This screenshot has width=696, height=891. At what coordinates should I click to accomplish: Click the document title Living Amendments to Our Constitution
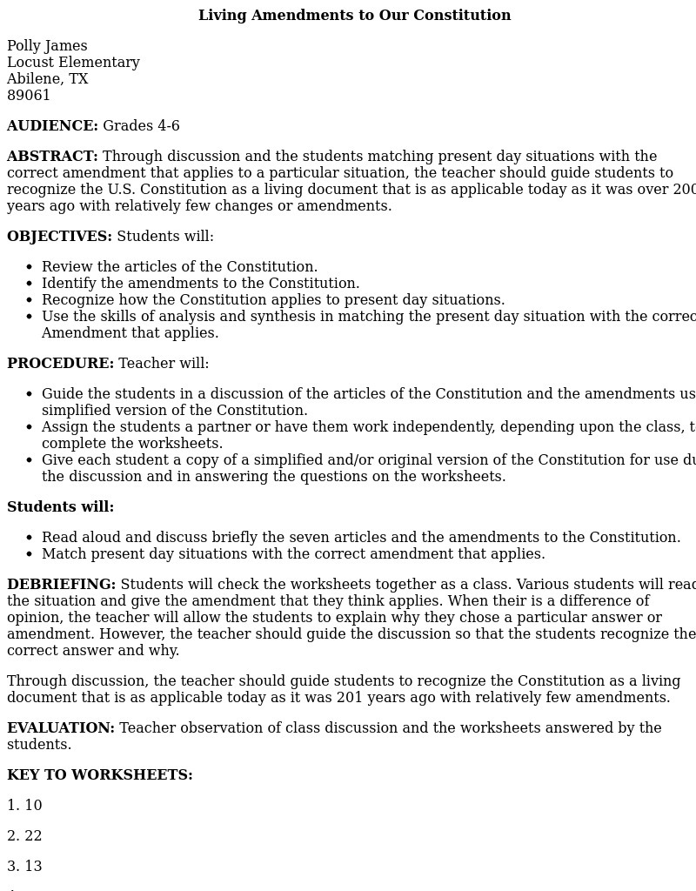(354, 16)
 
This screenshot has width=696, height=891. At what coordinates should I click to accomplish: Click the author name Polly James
(47, 46)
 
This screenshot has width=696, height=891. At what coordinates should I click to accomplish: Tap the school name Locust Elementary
(73, 63)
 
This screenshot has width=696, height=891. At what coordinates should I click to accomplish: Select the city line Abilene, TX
(47, 79)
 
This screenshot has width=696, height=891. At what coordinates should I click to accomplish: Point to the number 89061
(29, 96)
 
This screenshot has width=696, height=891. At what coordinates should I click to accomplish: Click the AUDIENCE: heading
(52, 126)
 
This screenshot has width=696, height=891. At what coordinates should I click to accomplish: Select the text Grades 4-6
(141, 126)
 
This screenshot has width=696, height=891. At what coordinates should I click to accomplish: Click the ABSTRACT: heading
(52, 157)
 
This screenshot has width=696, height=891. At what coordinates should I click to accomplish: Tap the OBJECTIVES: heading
(59, 237)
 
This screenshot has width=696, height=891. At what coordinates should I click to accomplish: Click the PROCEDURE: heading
(60, 364)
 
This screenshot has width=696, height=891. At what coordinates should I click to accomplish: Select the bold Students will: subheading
(60, 507)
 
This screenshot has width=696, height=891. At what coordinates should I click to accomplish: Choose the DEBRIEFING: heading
(61, 585)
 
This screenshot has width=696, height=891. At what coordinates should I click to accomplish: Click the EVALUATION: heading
(61, 728)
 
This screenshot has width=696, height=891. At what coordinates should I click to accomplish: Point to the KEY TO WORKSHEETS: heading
(100, 775)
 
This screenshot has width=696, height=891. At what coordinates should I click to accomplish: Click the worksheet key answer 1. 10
(24, 806)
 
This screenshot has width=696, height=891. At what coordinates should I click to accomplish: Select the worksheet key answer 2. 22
(24, 836)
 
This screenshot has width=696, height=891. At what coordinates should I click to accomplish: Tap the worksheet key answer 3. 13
(24, 867)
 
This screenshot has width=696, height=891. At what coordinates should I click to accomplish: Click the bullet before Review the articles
(29, 268)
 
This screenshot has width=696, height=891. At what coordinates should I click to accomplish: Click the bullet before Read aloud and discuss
(29, 539)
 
